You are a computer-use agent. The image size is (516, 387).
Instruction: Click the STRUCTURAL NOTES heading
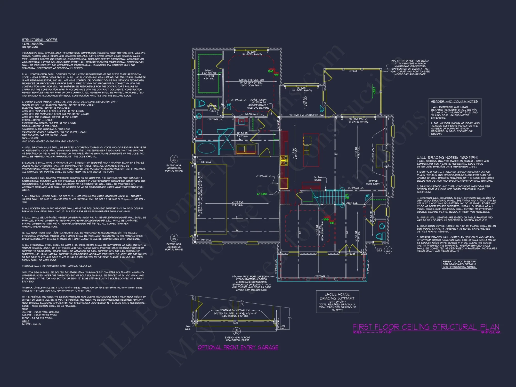[39, 40]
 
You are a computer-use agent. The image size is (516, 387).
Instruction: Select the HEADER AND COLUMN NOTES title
[454, 101]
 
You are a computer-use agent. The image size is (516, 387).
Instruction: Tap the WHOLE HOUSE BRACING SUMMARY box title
[337, 296]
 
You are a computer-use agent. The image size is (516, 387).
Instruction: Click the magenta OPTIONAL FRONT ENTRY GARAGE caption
[238, 347]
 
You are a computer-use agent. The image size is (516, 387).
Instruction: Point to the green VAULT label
[374, 91]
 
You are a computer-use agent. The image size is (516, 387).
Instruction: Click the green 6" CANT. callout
[262, 194]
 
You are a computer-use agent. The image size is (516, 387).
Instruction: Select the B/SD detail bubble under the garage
[236, 331]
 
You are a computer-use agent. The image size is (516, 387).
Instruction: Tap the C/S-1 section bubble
[388, 250]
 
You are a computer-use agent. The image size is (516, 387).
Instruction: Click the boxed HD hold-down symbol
[380, 250]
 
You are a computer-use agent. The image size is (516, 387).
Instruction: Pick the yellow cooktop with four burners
[284, 160]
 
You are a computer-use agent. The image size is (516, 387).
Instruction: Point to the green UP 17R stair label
[347, 196]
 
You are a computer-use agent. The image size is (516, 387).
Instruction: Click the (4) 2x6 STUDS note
[318, 179]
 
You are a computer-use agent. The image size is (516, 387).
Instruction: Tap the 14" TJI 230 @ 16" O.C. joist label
[237, 204]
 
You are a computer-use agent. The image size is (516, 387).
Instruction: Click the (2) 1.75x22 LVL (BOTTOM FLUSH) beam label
[306, 115]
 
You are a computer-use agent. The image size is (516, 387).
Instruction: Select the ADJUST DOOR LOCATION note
[258, 104]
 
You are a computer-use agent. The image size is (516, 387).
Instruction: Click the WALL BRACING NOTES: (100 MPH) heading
[447, 157]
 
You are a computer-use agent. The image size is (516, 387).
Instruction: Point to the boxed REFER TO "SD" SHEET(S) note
[459, 264]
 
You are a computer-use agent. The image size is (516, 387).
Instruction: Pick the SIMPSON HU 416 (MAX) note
[212, 109]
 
